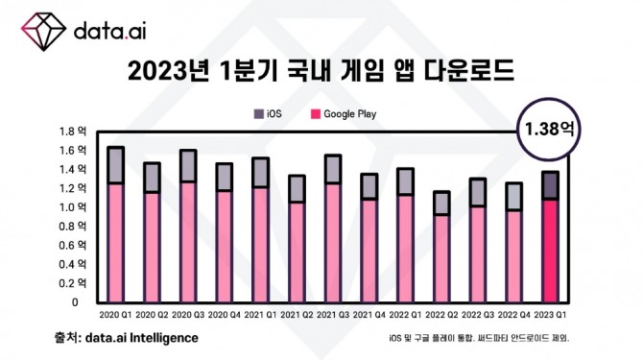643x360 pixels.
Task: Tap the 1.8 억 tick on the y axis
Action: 74,132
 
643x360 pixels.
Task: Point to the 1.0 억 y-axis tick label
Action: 74,207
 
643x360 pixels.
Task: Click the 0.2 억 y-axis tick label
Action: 74,283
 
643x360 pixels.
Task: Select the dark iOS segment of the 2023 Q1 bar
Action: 550,185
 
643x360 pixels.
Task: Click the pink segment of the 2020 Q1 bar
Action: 115,242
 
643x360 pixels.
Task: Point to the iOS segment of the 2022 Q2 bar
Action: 441,203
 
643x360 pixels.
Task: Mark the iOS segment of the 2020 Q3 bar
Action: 188,166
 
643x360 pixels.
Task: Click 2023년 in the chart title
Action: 157,72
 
